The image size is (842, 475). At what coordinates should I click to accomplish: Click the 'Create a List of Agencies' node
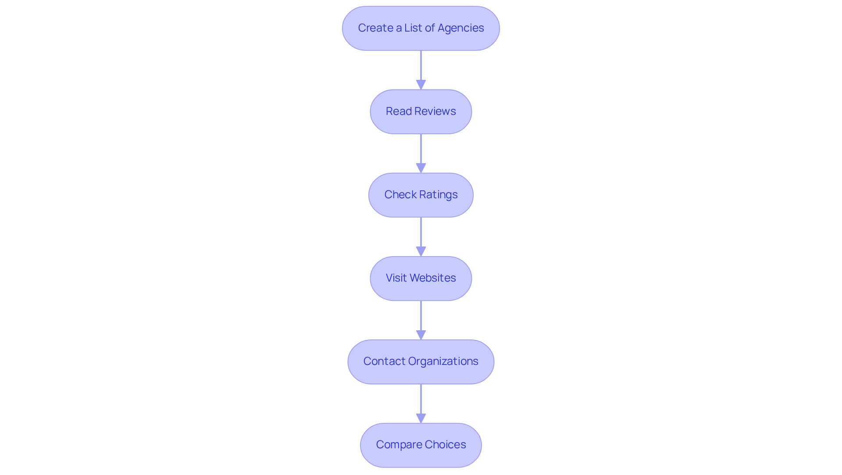click(421, 28)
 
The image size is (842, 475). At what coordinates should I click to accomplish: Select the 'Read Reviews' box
click(421, 111)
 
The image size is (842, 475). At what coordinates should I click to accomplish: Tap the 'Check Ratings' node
click(421, 195)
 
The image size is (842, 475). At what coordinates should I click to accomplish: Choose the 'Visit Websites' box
click(421, 278)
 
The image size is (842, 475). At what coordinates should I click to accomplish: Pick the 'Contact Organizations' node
click(421, 361)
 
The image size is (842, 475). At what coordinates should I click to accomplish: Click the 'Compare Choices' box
click(421, 445)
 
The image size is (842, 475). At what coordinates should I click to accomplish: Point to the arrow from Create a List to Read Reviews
click(421, 68)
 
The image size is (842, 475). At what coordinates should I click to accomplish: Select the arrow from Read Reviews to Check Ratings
click(421, 151)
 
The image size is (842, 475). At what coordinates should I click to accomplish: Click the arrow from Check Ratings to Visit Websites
click(421, 235)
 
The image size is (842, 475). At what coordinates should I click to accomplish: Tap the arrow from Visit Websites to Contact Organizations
click(421, 318)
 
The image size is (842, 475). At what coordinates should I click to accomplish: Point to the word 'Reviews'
click(436, 111)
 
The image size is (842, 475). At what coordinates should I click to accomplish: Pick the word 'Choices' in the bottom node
click(445, 445)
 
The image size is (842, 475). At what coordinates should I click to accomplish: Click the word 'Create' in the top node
click(375, 28)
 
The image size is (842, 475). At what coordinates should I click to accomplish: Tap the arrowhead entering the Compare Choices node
click(421, 418)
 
